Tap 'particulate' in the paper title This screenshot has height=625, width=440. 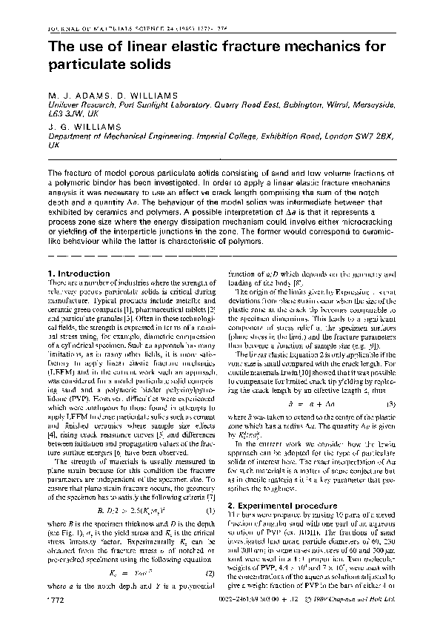(91, 65)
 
